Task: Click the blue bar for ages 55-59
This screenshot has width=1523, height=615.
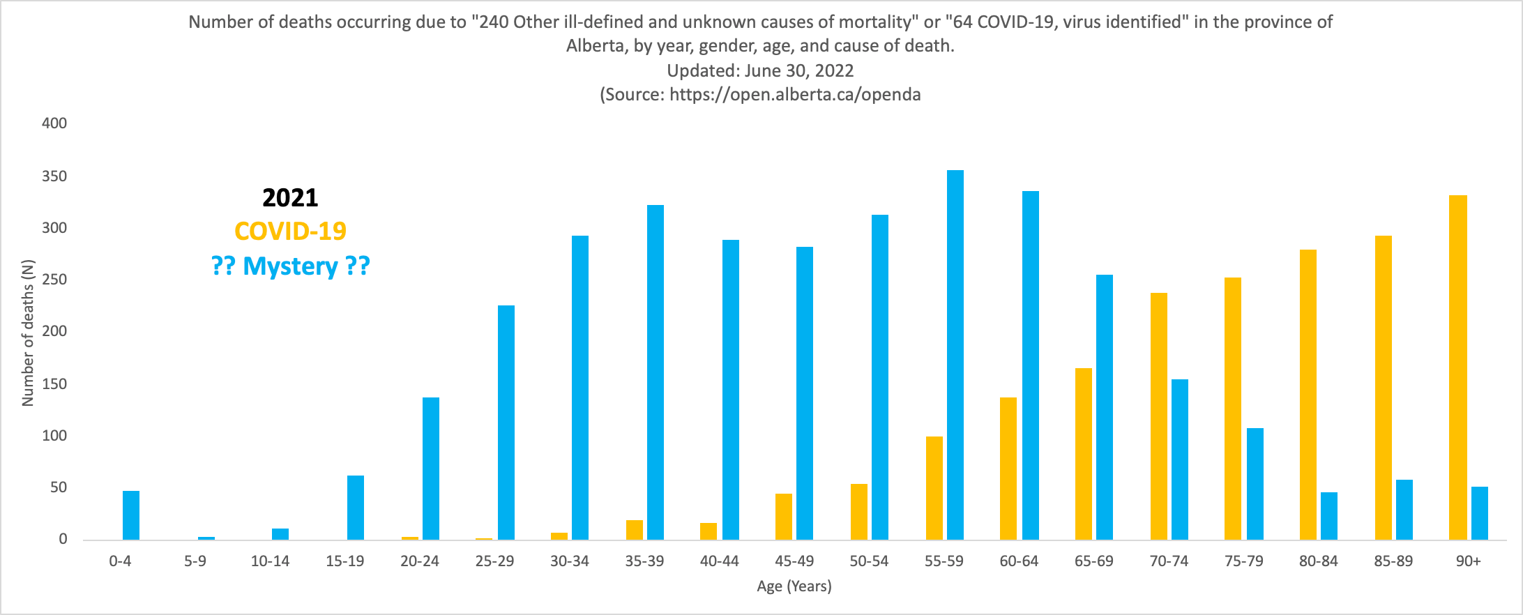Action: click(x=955, y=355)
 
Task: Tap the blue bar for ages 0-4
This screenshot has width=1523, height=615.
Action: click(x=131, y=515)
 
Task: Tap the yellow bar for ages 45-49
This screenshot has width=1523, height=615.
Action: click(x=784, y=517)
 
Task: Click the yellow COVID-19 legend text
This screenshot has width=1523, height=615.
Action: click(x=290, y=231)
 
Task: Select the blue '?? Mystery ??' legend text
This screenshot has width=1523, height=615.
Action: click(x=290, y=266)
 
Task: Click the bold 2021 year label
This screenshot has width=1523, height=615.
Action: click(x=290, y=198)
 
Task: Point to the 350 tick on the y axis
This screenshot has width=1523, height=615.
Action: click(x=54, y=176)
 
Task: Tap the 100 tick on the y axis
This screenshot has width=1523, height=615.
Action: click(x=54, y=436)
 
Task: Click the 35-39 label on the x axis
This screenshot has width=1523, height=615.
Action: click(x=644, y=561)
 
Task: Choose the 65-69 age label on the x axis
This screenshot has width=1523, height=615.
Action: click(x=1093, y=561)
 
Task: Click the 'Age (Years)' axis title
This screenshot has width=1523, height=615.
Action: click(x=794, y=586)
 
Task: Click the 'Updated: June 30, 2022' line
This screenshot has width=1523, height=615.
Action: click(x=760, y=70)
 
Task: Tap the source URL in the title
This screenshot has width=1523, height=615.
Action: click(x=795, y=95)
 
